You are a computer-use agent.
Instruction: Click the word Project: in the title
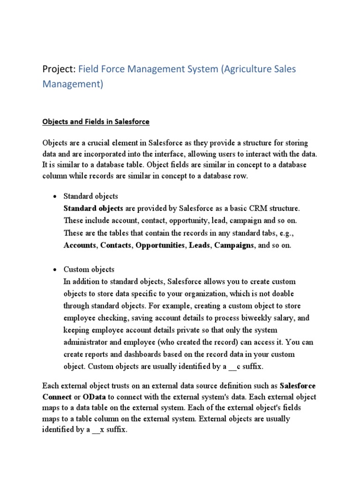point(59,69)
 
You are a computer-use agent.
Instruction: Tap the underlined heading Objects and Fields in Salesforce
point(96,122)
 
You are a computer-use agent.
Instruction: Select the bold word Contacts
point(116,245)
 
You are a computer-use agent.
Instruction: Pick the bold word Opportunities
point(160,245)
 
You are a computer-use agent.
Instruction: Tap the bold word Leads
point(200,245)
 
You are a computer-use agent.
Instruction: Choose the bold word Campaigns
point(234,245)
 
